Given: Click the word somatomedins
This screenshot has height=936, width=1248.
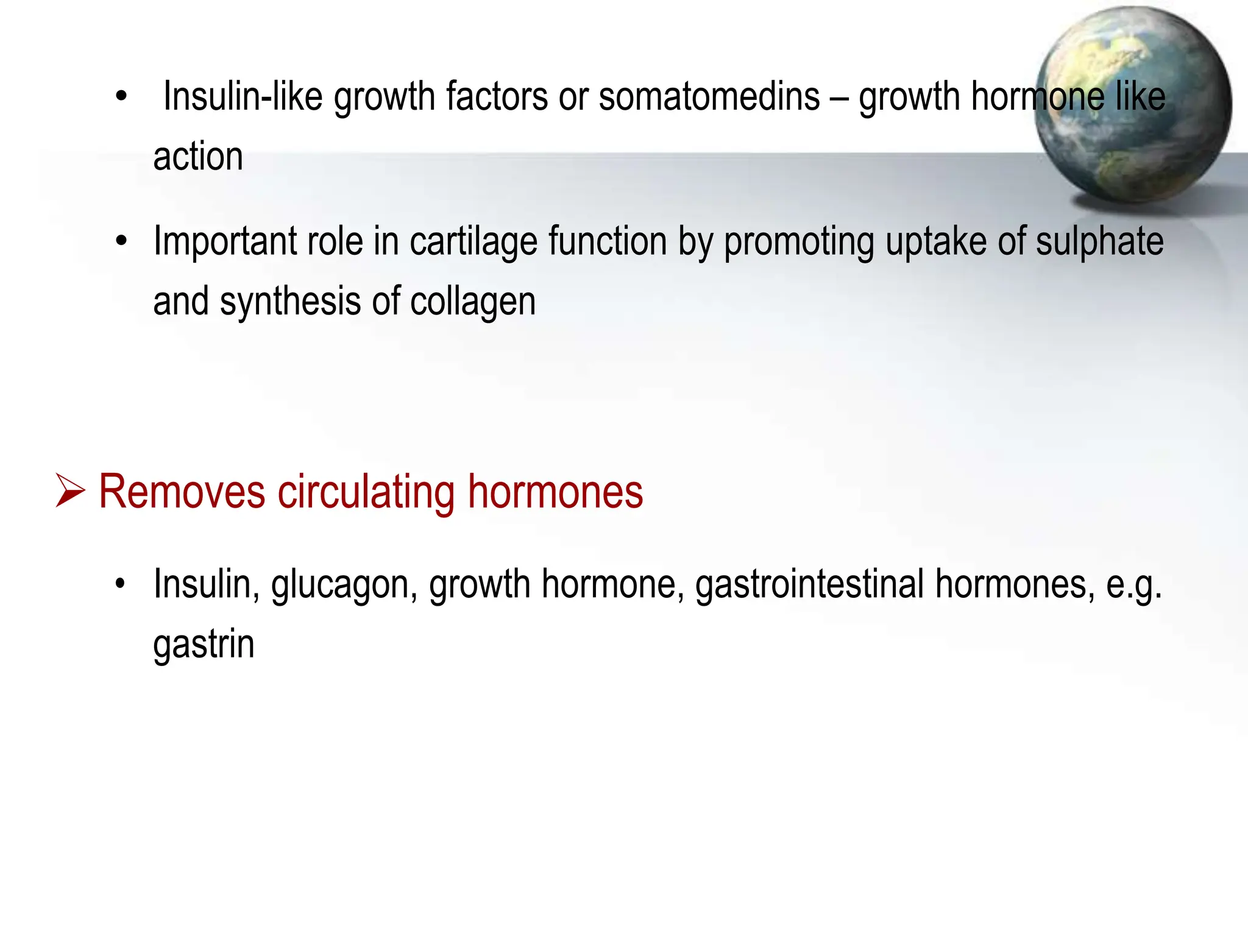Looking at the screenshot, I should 709,97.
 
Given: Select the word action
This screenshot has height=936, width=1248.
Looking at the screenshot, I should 198,157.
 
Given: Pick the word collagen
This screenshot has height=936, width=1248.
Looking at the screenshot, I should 473,302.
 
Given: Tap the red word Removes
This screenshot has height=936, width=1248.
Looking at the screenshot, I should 182,492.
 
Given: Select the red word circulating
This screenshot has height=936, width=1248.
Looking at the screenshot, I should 366,492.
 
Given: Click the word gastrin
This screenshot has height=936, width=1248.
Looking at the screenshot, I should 204,645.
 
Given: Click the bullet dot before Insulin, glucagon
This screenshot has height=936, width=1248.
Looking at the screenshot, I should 121,584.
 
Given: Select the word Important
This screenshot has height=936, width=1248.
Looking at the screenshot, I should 224,242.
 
